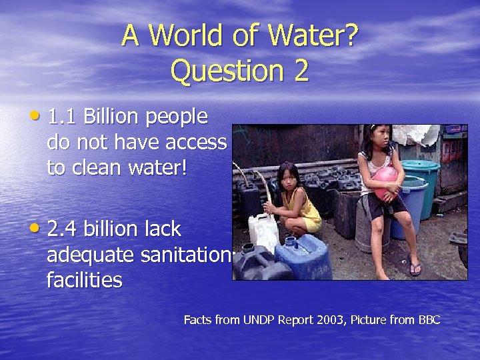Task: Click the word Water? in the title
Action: point(312,37)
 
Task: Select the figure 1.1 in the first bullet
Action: point(63,117)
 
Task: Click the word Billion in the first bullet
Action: point(111,117)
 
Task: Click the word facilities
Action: point(85,280)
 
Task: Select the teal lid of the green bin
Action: point(420,164)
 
